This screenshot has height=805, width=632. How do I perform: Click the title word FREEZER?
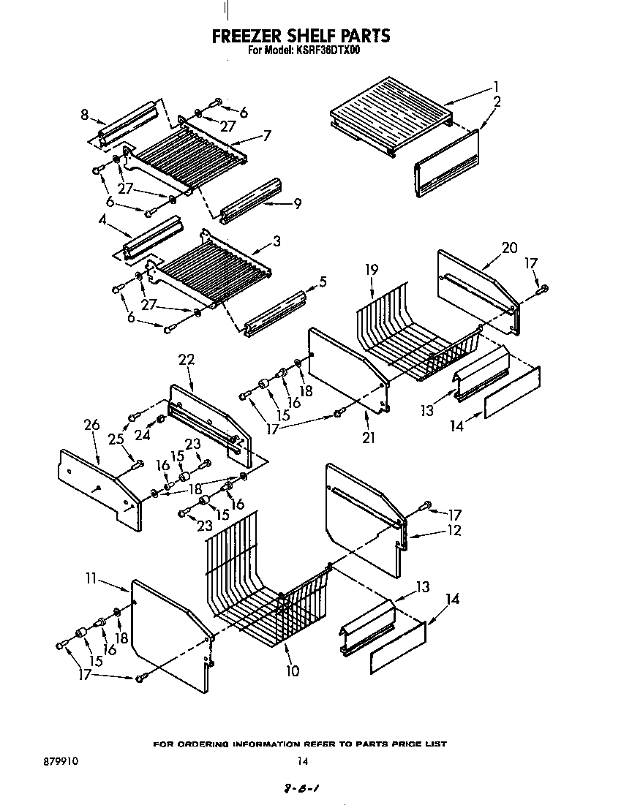(247, 36)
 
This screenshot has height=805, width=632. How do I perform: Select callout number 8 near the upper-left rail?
(85, 114)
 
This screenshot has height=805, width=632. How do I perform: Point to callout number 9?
(297, 205)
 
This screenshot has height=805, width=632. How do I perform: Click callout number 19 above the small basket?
(372, 270)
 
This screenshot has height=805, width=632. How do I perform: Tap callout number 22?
(186, 359)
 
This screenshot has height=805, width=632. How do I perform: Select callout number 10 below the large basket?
(292, 670)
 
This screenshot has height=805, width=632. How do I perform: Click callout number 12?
(454, 530)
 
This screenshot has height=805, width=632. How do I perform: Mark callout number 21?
(368, 438)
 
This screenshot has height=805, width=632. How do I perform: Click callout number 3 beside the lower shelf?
(277, 239)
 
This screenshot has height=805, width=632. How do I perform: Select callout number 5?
(323, 281)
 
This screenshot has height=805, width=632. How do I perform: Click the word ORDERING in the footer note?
(201, 744)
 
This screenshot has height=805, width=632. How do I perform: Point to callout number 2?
(497, 102)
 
